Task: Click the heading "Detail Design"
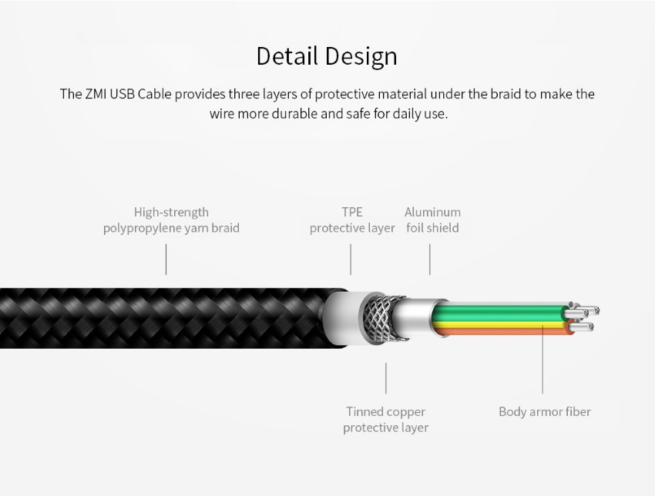tap(327, 56)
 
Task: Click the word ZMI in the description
tap(96, 94)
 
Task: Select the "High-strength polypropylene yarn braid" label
tap(171, 220)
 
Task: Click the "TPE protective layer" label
tap(352, 220)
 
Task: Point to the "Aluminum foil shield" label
tap(432, 220)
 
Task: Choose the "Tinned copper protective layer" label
tap(385, 420)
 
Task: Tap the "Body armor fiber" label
tap(545, 411)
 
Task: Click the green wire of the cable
tap(497, 313)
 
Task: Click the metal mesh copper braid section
tap(379, 318)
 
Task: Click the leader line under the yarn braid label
tap(166, 260)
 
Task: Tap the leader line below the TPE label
tap(351, 260)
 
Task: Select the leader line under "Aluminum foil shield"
tap(429, 260)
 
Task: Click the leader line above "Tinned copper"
tap(385, 378)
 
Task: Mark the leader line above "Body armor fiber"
tap(542, 359)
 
